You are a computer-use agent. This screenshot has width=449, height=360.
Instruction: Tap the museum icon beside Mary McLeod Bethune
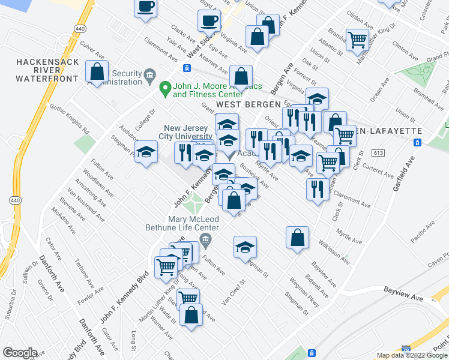point(205,241)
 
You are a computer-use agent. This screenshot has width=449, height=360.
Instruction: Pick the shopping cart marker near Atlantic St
point(357,40)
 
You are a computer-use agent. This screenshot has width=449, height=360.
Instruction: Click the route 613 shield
point(378,153)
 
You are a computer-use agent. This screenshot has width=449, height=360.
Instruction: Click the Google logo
point(20,353)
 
